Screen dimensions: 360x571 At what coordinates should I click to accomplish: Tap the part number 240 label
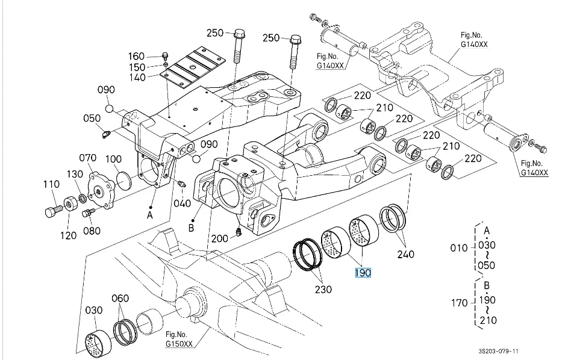406,254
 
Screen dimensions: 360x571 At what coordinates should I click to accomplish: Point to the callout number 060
120,298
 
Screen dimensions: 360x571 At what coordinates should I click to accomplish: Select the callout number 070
88,158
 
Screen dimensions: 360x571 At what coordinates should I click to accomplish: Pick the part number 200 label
220,238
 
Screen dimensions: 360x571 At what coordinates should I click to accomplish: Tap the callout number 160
137,57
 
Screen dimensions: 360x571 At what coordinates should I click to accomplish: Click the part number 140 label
137,78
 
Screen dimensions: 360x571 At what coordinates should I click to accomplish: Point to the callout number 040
183,203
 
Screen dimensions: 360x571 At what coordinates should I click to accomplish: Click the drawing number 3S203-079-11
499,350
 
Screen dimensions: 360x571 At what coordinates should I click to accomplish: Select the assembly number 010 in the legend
459,247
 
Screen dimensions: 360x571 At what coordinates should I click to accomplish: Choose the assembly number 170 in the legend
459,302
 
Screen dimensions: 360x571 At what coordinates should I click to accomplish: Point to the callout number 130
75,174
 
